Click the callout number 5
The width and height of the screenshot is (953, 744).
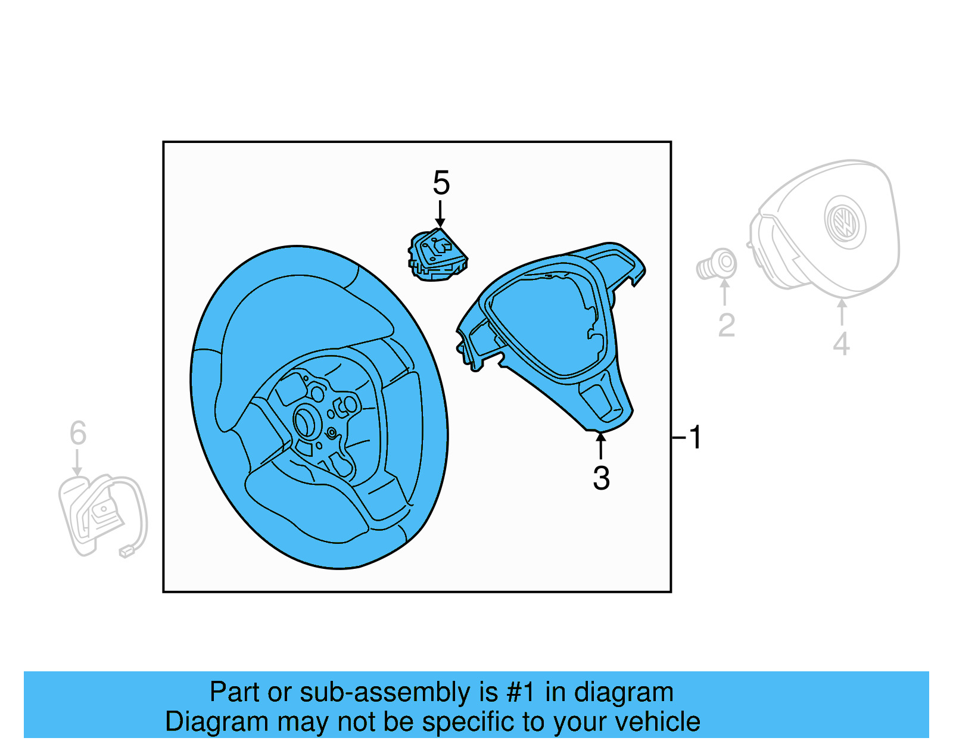click(441, 183)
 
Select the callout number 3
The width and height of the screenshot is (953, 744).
click(601, 478)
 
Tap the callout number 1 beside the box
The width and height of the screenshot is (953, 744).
click(694, 437)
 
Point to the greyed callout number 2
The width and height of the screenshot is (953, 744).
click(726, 325)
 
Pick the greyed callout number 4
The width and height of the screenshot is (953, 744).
click(840, 344)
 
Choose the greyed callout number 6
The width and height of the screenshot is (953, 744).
click(78, 433)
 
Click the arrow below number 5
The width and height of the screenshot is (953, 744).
click(440, 214)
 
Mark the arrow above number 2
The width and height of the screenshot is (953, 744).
click(725, 292)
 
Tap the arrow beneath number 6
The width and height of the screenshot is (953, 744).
click(77, 463)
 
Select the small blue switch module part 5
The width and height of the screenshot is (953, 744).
click(438, 255)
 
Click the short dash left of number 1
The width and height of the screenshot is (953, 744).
click(678, 438)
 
